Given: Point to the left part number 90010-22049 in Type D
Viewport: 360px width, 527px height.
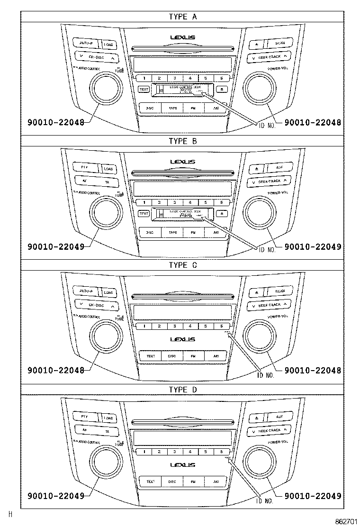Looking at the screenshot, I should [x=56, y=496].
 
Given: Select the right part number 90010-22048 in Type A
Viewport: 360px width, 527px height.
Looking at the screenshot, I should [x=313, y=122].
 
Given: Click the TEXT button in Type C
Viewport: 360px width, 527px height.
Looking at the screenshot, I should [x=150, y=356].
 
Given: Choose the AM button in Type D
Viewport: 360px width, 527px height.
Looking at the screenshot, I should [x=216, y=482].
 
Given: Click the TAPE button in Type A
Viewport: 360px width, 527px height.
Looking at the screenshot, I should [x=172, y=108].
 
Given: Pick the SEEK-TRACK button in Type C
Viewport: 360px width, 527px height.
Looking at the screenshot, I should [x=269, y=305].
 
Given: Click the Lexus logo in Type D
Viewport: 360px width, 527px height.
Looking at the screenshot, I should [x=182, y=464].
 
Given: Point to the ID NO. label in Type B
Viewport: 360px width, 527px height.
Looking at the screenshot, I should [x=265, y=247].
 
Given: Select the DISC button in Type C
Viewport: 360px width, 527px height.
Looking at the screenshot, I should [x=172, y=356].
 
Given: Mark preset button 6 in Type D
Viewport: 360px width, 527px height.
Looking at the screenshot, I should [x=221, y=452].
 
